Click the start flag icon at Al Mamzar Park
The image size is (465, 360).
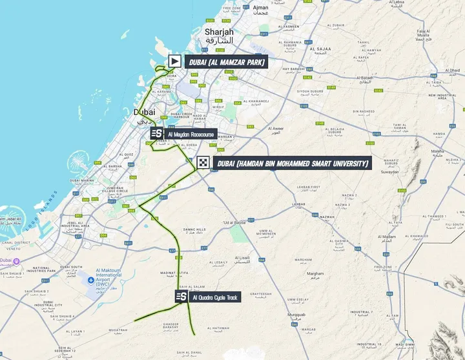coord(174,61)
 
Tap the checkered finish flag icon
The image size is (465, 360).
coord(203,163)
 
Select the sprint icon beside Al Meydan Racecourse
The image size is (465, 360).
coord(157,134)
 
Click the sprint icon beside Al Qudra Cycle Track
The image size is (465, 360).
coord(180,297)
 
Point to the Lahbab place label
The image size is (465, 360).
coord(298,205)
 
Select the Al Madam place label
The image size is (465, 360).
coord(387,238)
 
